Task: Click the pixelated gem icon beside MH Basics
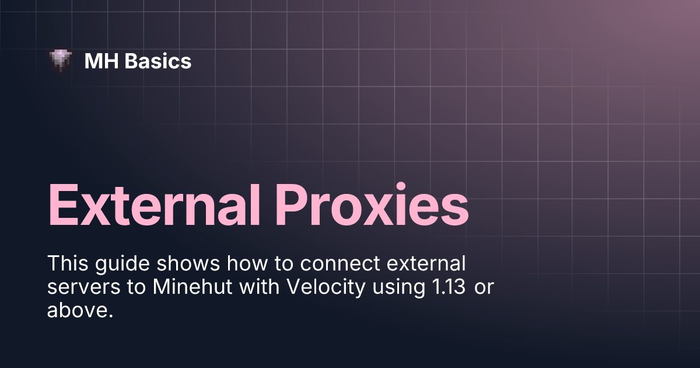[61, 60]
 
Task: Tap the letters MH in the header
[101, 61]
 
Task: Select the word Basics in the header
[158, 61]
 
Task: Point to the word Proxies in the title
[372, 204]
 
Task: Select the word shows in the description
[188, 263]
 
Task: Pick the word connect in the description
[340, 263]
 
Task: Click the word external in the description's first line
[426, 263]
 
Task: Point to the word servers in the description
[84, 287]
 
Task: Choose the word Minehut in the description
[192, 287]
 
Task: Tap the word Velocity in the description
[326, 288]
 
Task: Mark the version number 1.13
[449, 287]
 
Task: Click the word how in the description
[247, 263]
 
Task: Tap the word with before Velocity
[260, 287]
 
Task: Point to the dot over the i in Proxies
[401, 186]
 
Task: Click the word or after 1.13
[484, 288]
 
